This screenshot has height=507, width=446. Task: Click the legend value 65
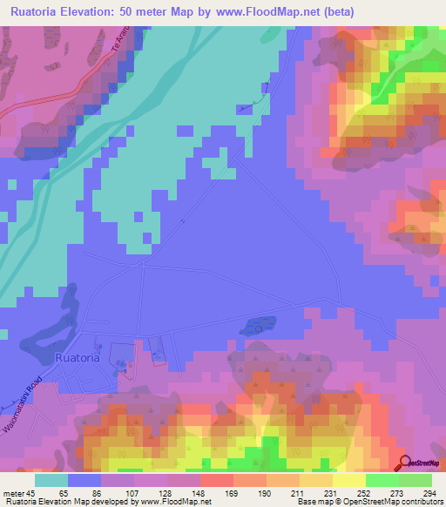pos(51,492)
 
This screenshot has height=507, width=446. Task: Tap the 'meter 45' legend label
pos(18,492)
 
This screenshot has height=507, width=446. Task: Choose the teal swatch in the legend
pos(51,480)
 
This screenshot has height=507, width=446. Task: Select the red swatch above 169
pos(217,480)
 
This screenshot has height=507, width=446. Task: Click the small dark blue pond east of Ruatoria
pos(253,328)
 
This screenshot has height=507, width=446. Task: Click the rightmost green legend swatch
pos(416,480)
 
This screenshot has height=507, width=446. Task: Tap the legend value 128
pos(151,492)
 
